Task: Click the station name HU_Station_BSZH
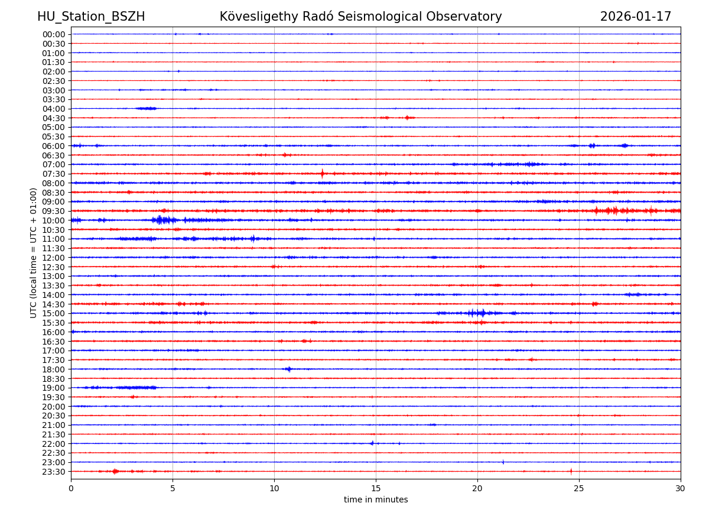[x=91, y=17]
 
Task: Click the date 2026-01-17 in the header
[x=636, y=17]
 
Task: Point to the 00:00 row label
[x=54, y=34]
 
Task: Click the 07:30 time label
[x=54, y=174]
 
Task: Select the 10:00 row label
[x=54, y=220]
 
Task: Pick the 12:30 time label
[x=54, y=267]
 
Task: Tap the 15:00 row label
[x=54, y=313]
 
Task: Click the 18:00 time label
[x=54, y=369]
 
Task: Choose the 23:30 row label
[x=54, y=472]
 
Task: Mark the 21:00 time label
[x=54, y=425]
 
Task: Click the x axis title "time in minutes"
[x=376, y=500]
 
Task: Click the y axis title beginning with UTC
[x=34, y=252]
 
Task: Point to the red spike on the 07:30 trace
[x=322, y=174]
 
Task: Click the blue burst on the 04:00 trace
[x=146, y=108]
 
